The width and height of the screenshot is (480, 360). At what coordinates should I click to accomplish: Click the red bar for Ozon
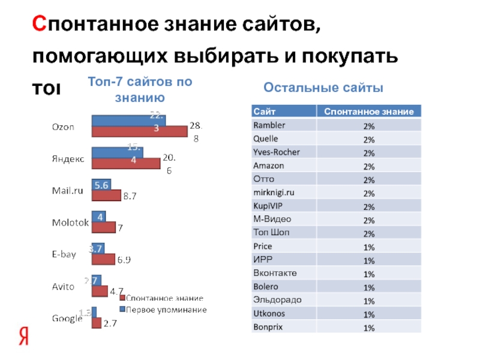tap(139, 131)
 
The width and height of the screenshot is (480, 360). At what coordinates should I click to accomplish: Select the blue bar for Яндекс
tap(116, 153)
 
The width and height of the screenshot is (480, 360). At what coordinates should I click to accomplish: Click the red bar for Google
tap(95, 323)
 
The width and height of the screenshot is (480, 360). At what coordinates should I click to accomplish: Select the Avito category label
tap(62, 287)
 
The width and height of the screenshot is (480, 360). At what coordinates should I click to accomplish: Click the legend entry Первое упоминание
tap(167, 310)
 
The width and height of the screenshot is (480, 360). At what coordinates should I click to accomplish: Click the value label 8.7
tap(130, 196)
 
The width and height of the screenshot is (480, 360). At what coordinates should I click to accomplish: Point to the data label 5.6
tap(101, 186)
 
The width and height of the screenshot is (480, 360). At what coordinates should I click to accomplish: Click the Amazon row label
tap(268, 166)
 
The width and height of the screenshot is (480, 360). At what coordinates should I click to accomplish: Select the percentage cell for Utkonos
tap(368, 314)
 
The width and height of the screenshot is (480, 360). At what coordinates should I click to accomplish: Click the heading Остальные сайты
tap(323, 88)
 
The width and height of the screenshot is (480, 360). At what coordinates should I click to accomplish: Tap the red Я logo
tap(24, 336)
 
